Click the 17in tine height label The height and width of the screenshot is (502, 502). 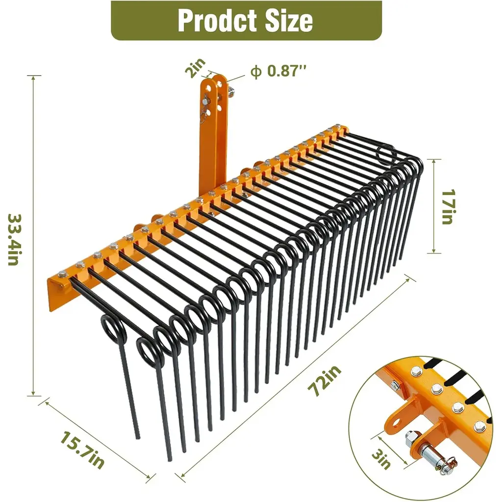point(448,207)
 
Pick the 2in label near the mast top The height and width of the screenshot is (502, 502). point(195,68)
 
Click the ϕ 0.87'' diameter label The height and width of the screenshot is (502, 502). point(278,71)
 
